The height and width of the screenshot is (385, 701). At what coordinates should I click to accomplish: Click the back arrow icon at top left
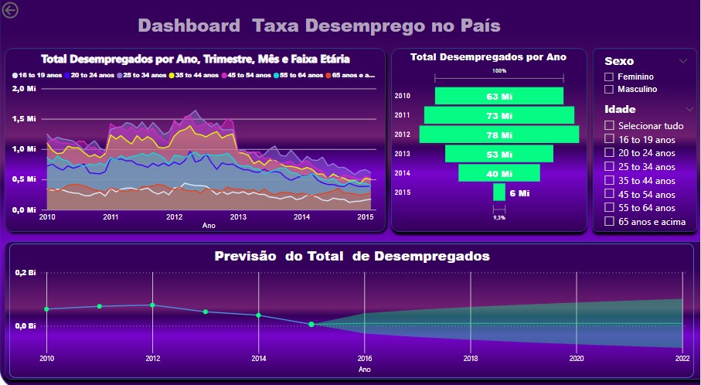click(x=11, y=9)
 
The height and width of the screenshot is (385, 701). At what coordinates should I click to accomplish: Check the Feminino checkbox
click(x=609, y=77)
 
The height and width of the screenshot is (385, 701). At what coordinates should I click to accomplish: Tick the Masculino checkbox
click(x=609, y=90)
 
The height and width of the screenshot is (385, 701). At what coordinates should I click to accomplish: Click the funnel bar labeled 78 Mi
click(x=499, y=135)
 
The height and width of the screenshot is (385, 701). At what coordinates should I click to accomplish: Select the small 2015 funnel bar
click(x=499, y=192)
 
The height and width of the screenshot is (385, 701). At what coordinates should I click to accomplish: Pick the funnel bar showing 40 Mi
click(x=499, y=174)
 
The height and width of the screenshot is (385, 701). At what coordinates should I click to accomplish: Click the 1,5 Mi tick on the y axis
click(x=26, y=119)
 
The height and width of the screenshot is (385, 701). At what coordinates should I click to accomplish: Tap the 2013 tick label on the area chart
click(x=238, y=217)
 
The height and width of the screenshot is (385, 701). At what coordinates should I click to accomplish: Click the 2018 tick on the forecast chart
click(x=470, y=359)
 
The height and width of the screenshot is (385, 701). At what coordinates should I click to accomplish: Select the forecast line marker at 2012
click(x=152, y=305)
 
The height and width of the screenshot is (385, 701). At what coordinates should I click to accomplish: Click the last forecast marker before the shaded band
click(x=311, y=325)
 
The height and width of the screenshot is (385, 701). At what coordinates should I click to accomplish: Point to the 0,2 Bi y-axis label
click(x=26, y=273)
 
